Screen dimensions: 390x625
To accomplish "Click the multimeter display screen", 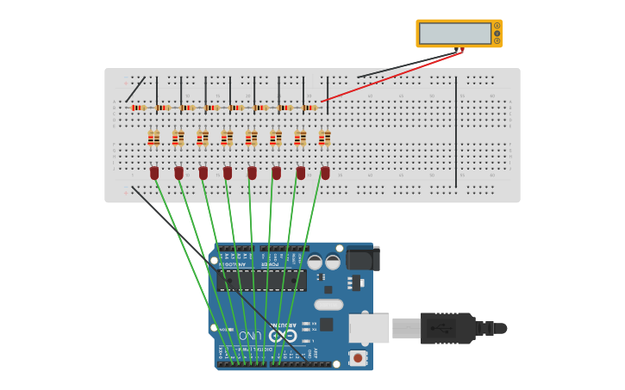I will coord(454,33).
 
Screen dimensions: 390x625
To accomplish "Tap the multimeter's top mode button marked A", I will coord(497,26).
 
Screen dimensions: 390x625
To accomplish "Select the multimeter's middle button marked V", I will coord(497,33).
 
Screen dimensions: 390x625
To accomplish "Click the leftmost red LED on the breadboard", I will coord(154,173).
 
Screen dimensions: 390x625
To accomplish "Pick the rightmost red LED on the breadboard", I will coord(325,173).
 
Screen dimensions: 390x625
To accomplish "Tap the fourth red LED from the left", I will coord(228,173).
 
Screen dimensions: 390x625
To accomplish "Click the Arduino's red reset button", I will coord(356,356).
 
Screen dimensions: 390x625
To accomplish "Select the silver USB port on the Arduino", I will coord(368,328).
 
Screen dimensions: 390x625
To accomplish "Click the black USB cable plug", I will coord(447,328).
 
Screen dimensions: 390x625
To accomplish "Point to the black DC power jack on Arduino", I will coord(362,258).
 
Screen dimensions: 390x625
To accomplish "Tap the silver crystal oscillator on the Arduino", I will coord(328,304).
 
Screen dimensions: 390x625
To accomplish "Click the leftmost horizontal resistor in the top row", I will coord(139,108).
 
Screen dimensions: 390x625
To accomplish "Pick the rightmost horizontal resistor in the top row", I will coord(309,108).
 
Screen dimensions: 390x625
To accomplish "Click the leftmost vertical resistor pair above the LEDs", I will coord(153,138).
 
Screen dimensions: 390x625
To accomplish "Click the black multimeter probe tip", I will coord(457,50).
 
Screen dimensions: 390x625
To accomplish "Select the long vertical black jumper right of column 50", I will coord(456,131).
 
